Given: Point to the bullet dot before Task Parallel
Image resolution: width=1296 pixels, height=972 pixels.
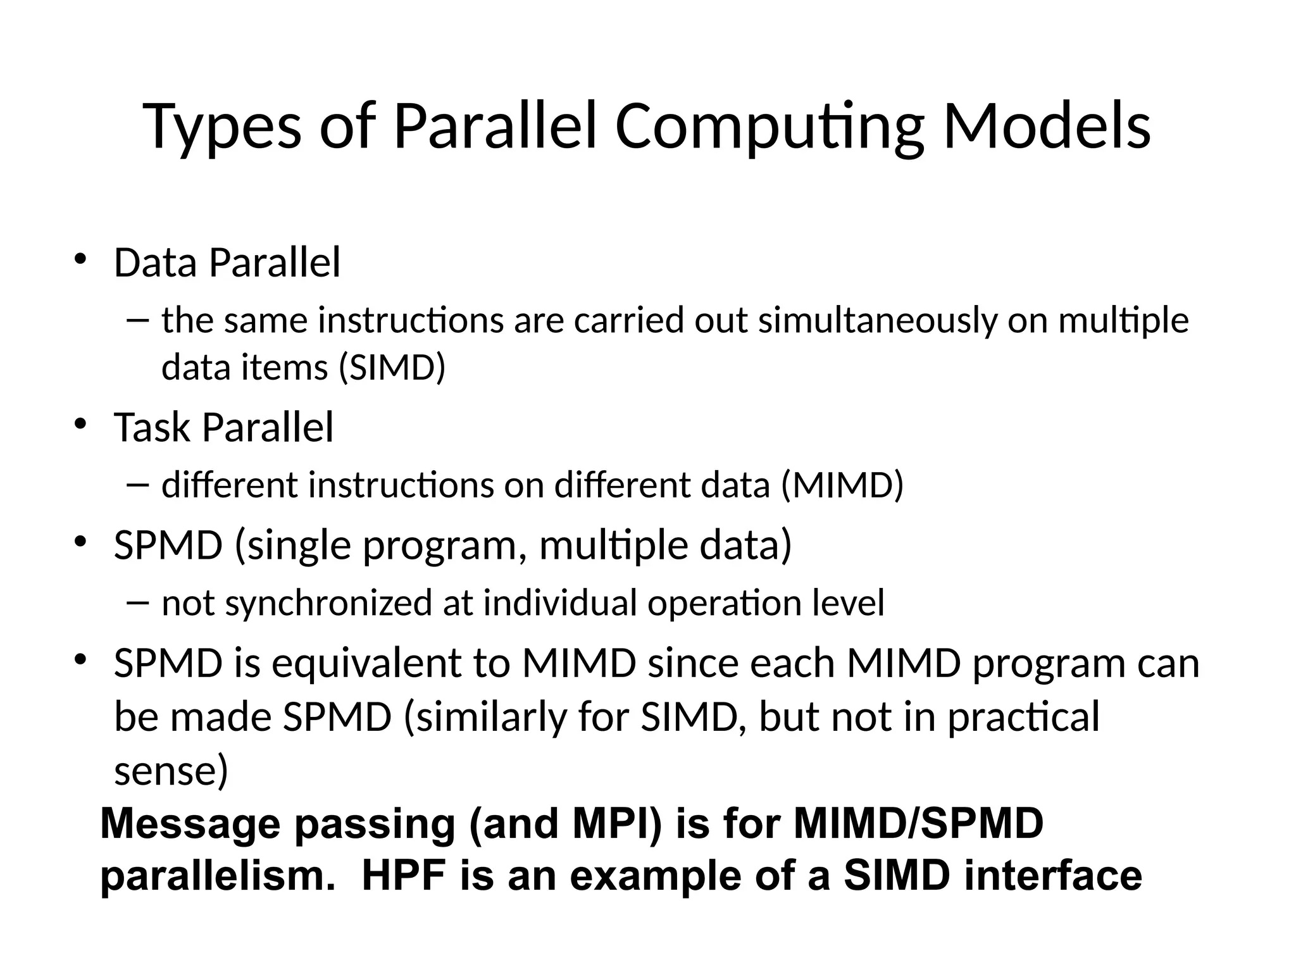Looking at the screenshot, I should (x=80, y=423).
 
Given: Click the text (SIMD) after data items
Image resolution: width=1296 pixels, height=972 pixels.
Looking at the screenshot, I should (x=392, y=367).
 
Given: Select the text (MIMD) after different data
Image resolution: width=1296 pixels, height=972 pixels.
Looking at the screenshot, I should (x=842, y=485).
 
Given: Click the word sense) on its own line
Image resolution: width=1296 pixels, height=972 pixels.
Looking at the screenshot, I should (x=171, y=771).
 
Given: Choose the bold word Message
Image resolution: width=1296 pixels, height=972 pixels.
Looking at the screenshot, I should (x=190, y=824).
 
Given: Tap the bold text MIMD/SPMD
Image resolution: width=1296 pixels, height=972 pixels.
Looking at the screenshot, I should (x=918, y=824).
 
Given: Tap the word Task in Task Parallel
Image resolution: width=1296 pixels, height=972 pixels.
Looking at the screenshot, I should (x=152, y=427).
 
